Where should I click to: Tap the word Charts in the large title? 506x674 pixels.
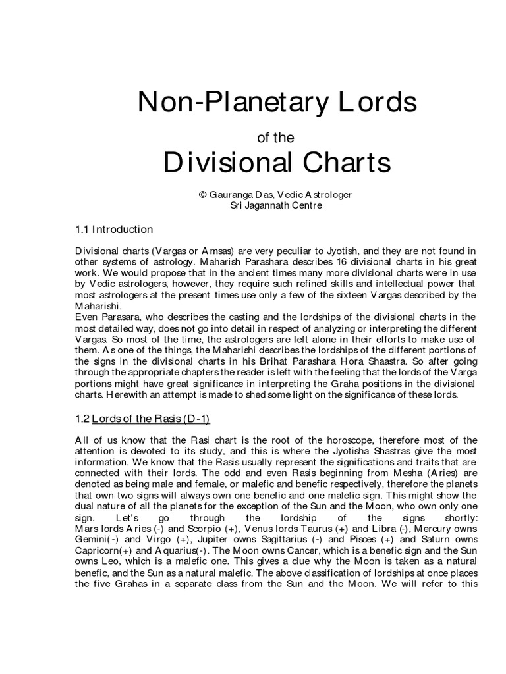(x=341, y=162)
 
